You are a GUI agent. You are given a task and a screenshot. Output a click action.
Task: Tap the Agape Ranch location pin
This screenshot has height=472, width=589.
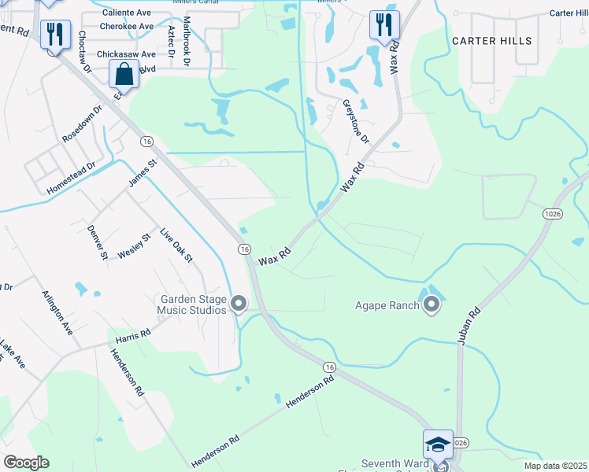click(431, 304)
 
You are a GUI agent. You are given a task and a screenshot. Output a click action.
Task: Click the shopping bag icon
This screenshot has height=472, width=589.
click(124, 76)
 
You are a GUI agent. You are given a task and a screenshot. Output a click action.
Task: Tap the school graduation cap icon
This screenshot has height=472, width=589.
click(438, 445)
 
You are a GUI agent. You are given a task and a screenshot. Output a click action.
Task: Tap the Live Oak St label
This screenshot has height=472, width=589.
click(176, 246)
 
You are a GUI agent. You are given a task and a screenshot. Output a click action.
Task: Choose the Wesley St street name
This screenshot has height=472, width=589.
click(134, 249)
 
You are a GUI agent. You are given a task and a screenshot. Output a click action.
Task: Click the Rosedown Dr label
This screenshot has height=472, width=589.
click(82, 124)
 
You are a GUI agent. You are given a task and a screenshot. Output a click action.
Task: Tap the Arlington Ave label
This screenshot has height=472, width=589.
click(57, 312)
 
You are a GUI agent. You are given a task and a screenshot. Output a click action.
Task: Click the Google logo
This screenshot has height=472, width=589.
click(27, 463)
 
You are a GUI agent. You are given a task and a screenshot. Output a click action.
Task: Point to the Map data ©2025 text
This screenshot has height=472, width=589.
click(554, 466)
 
